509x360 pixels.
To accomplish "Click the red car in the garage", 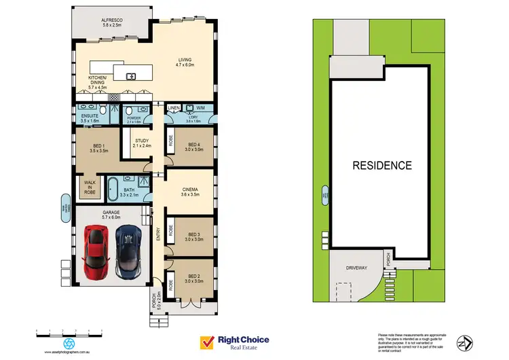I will pyautogui.click(x=95, y=253).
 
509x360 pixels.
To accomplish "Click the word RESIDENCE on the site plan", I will pyautogui.click(x=381, y=165).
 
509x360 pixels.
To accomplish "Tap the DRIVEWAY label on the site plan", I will pyautogui.click(x=356, y=268).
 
